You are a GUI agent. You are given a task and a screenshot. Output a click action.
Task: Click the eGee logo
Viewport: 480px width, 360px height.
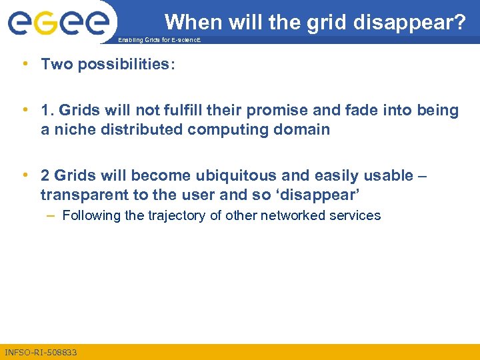(58, 21)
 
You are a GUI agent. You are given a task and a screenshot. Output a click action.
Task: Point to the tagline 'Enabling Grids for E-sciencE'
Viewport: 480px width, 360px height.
(159, 41)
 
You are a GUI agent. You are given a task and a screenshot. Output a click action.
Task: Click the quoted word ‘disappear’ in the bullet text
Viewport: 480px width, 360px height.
(323, 195)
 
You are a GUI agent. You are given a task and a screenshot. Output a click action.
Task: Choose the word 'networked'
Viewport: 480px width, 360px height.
(294, 215)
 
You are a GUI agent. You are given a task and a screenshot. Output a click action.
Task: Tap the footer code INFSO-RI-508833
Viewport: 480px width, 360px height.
(41, 352)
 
